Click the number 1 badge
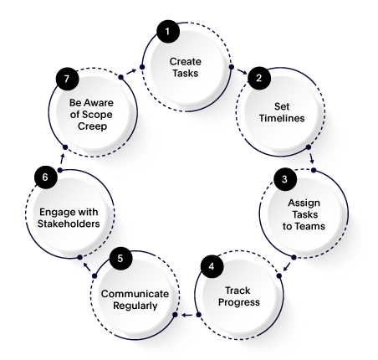tap(167, 33)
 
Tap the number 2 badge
tap(259, 79)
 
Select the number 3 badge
tap(284, 179)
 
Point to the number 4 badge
tap(212, 268)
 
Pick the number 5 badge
tap(120, 258)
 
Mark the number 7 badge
tap(67, 80)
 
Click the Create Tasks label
tap(186, 67)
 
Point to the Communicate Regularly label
tap(135, 299)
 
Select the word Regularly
tap(135, 305)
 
